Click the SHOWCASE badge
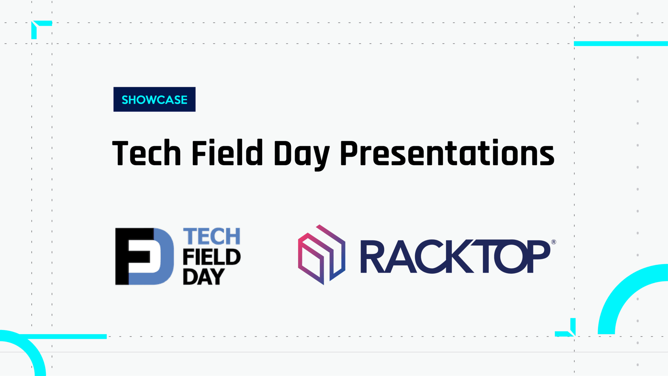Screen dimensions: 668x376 point(154,99)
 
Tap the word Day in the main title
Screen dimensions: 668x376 point(302,155)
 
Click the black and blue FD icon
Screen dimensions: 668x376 point(144,256)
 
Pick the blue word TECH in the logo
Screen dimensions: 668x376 point(212,237)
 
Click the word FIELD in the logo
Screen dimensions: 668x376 point(212,257)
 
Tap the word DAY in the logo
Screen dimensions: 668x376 point(204,277)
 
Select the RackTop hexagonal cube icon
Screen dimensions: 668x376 point(322,254)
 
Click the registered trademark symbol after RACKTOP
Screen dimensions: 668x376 point(554,242)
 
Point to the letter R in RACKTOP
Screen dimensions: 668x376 point(374,256)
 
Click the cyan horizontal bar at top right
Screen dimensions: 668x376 point(621,44)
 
